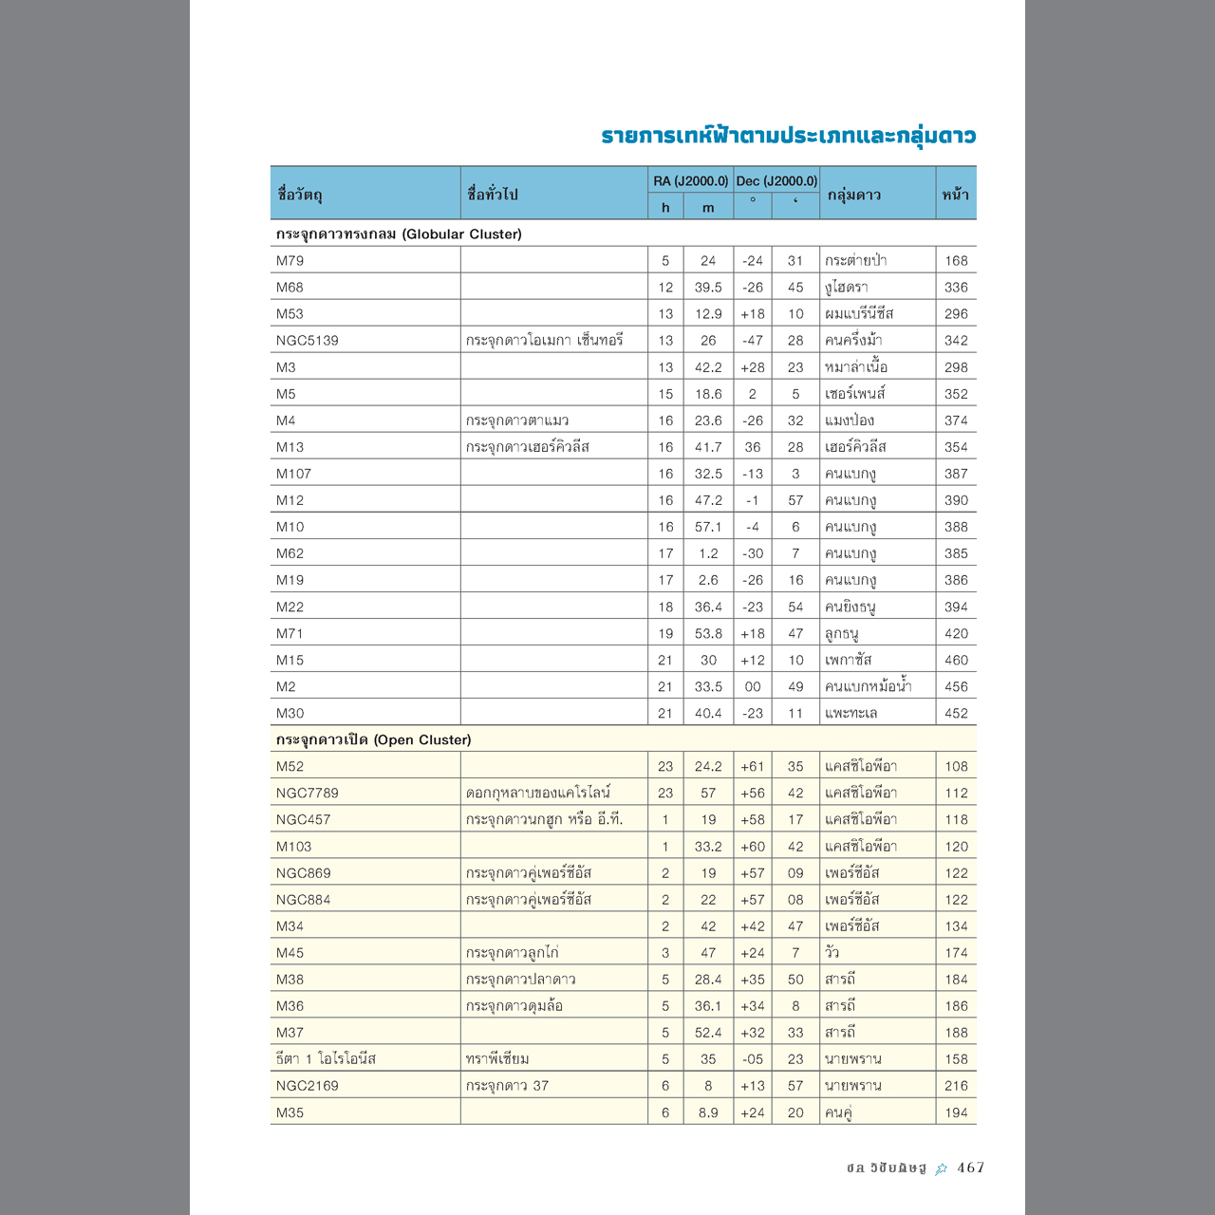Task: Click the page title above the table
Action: click(788, 136)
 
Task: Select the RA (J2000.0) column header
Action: click(690, 180)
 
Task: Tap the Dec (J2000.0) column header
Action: click(776, 180)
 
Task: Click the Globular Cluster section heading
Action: click(399, 234)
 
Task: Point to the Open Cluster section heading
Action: click(373, 739)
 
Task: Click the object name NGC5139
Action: click(307, 340)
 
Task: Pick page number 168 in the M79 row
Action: click(956, 260)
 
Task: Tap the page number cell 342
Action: click(956, 340)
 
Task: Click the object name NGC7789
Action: click(307, 793)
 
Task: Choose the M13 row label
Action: click(290, 446)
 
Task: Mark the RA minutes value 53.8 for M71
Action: click(708, 633)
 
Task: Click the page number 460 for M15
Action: click(956, 660)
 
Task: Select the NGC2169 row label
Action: click(307, 1085)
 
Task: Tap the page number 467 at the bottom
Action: click(970, 1168)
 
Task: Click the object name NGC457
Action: click(303, 819)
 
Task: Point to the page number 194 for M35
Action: click(956, 1112)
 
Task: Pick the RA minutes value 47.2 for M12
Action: click(708, 500)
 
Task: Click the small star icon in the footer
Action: click(941, 1168)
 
